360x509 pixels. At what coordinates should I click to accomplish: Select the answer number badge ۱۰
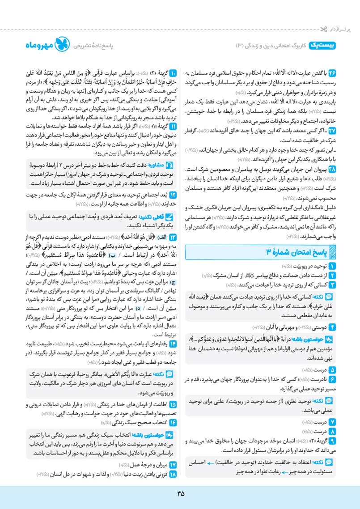pyautogui.click(x=174, y=71)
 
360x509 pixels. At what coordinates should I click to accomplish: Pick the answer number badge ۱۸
pyautogui.click(x=174, y=474)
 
